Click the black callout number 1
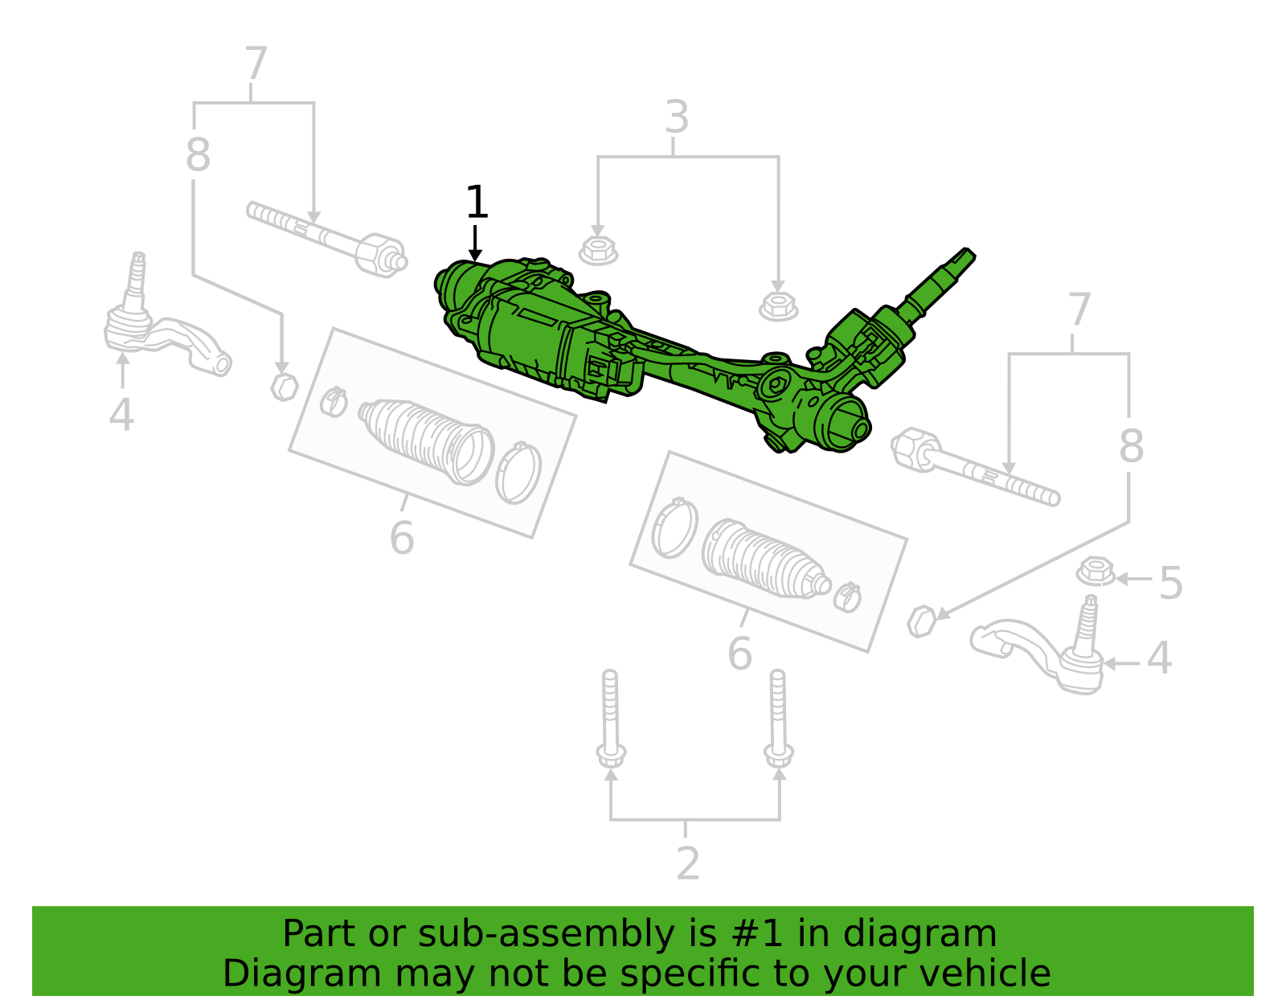pos(477,203)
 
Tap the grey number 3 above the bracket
pos(677,117)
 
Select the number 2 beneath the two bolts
pos(688,864)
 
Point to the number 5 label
pos(1170,583)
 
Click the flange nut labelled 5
pos(1096,572)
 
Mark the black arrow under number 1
pos(475,243)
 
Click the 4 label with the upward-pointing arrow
pos(121,415)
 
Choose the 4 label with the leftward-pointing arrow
pos(1159,658)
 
